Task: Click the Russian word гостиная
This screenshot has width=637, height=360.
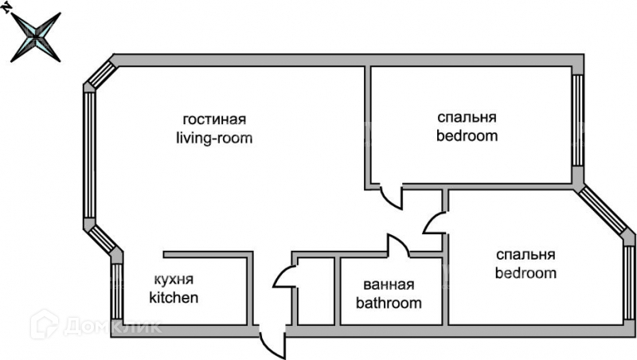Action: click(x=214, y=119)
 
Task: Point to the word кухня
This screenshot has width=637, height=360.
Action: click(x=173, y=280)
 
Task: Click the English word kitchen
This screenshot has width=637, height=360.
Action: click(x=174, y=299)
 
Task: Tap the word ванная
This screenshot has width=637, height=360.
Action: click(x=389, y=285)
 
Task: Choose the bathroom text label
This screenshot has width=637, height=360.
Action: click(x=389, y=303)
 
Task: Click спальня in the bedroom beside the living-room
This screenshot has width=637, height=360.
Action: click(x=467, y=117)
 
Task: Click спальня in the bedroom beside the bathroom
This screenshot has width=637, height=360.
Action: click(x=525, y=256)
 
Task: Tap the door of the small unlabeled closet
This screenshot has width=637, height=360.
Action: click(x=283, y=276)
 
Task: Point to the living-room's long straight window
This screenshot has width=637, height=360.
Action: click(x=88, y=155)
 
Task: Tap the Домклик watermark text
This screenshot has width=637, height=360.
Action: click(x=96, y=325)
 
